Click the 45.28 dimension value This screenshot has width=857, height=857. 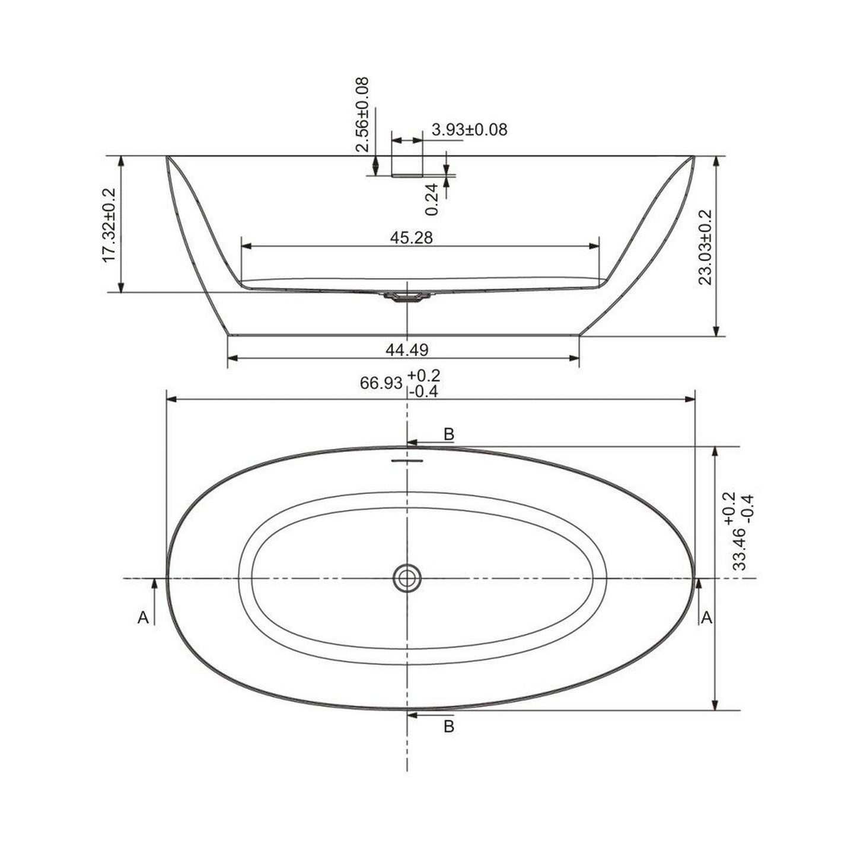411,238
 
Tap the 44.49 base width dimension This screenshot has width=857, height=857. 406,350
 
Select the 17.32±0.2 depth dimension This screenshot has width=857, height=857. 109,225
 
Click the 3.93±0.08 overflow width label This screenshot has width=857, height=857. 469,130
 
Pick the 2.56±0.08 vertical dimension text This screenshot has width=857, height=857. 362,114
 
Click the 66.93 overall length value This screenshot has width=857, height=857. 381,384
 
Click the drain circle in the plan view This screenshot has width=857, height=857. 407,577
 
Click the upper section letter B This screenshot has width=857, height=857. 449,434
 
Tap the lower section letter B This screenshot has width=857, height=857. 449,725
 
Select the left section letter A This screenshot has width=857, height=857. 143,618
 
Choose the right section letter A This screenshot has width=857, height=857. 706,618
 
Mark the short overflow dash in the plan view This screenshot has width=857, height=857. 407,460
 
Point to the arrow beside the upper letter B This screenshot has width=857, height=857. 422,442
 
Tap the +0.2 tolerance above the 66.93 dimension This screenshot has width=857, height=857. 424,375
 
